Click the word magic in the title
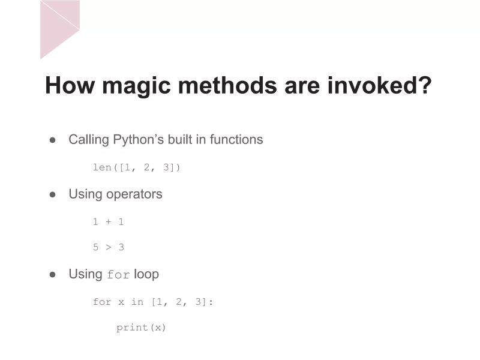click(131, 86)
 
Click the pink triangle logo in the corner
click(59, 27)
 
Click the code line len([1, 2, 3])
click(136, 167)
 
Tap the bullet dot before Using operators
click(53, 195)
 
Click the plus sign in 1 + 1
click(108, 222)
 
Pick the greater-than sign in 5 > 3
click(108, 247)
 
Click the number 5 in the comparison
click(95, 247)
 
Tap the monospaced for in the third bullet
click(118, 275)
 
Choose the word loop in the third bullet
click(146, 274)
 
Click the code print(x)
click(141, 328)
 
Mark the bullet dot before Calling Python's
click(53, 140)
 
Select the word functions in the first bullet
click(236, 140)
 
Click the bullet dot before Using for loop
click(53, 274)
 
